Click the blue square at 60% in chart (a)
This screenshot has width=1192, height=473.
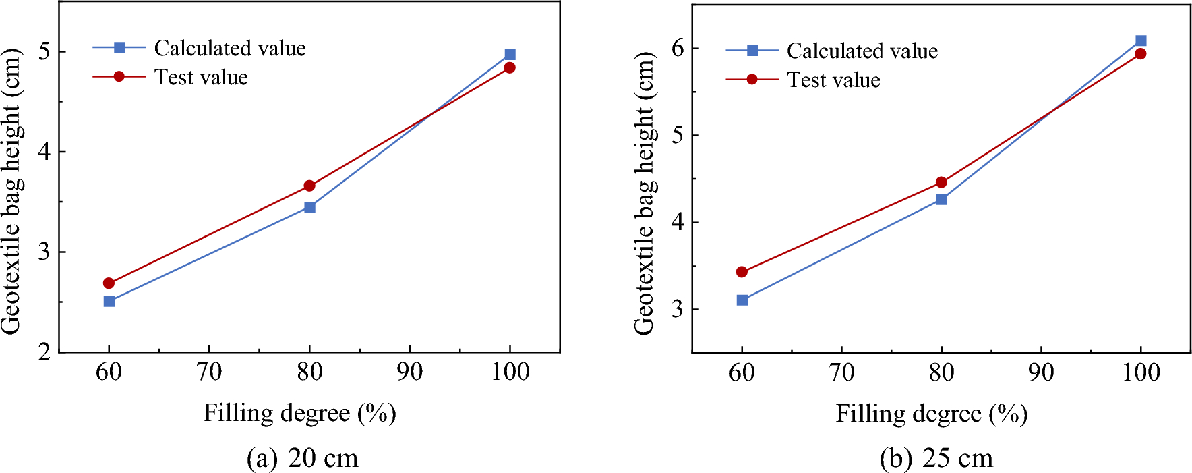109,301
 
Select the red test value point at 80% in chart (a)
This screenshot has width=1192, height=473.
309,186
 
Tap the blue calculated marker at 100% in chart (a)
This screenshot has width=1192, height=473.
510,55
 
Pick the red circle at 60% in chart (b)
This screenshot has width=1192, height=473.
742,272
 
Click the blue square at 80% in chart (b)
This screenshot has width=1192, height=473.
942,199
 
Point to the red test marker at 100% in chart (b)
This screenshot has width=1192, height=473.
1141,54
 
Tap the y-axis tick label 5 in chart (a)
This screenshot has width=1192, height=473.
44,52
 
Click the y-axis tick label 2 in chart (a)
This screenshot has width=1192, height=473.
44,352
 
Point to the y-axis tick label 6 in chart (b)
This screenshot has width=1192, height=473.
677,49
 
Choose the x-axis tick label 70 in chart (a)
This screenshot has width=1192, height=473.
209,372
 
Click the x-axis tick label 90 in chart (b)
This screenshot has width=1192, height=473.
1041,372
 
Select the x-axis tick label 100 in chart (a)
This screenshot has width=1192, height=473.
510,372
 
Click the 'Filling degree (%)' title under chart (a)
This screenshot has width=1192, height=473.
299,413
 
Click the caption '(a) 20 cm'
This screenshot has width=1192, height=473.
302,458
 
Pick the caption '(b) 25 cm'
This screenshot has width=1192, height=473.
936,458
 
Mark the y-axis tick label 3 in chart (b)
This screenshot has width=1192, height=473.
677,309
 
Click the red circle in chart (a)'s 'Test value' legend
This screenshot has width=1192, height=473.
119,77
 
